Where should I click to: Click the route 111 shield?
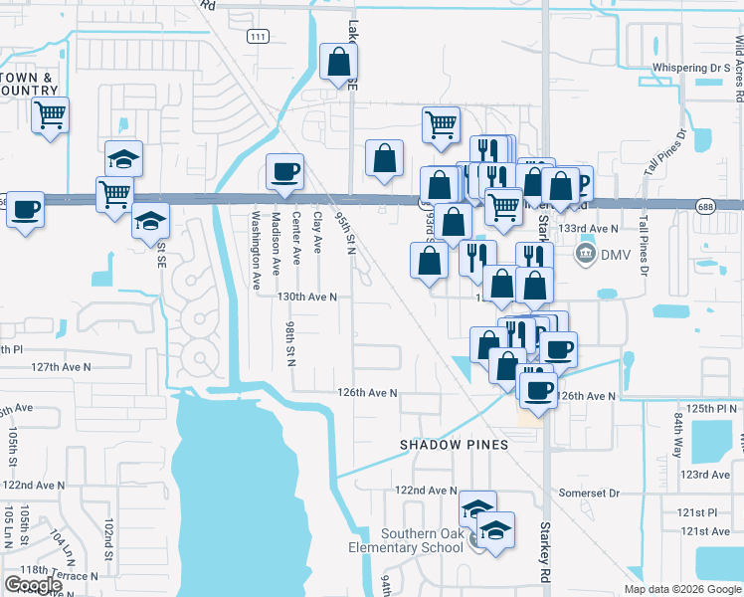(258, 36)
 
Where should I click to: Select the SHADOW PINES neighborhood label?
(454, 444)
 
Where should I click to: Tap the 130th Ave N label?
(307, 297)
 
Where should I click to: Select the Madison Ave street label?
(276, 238)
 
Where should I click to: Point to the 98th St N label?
(290, 343)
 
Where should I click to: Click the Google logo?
(33, 585)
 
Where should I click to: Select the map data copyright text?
(682, 589)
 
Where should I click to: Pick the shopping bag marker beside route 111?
(338, 62)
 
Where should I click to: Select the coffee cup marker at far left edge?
(26, 209)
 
